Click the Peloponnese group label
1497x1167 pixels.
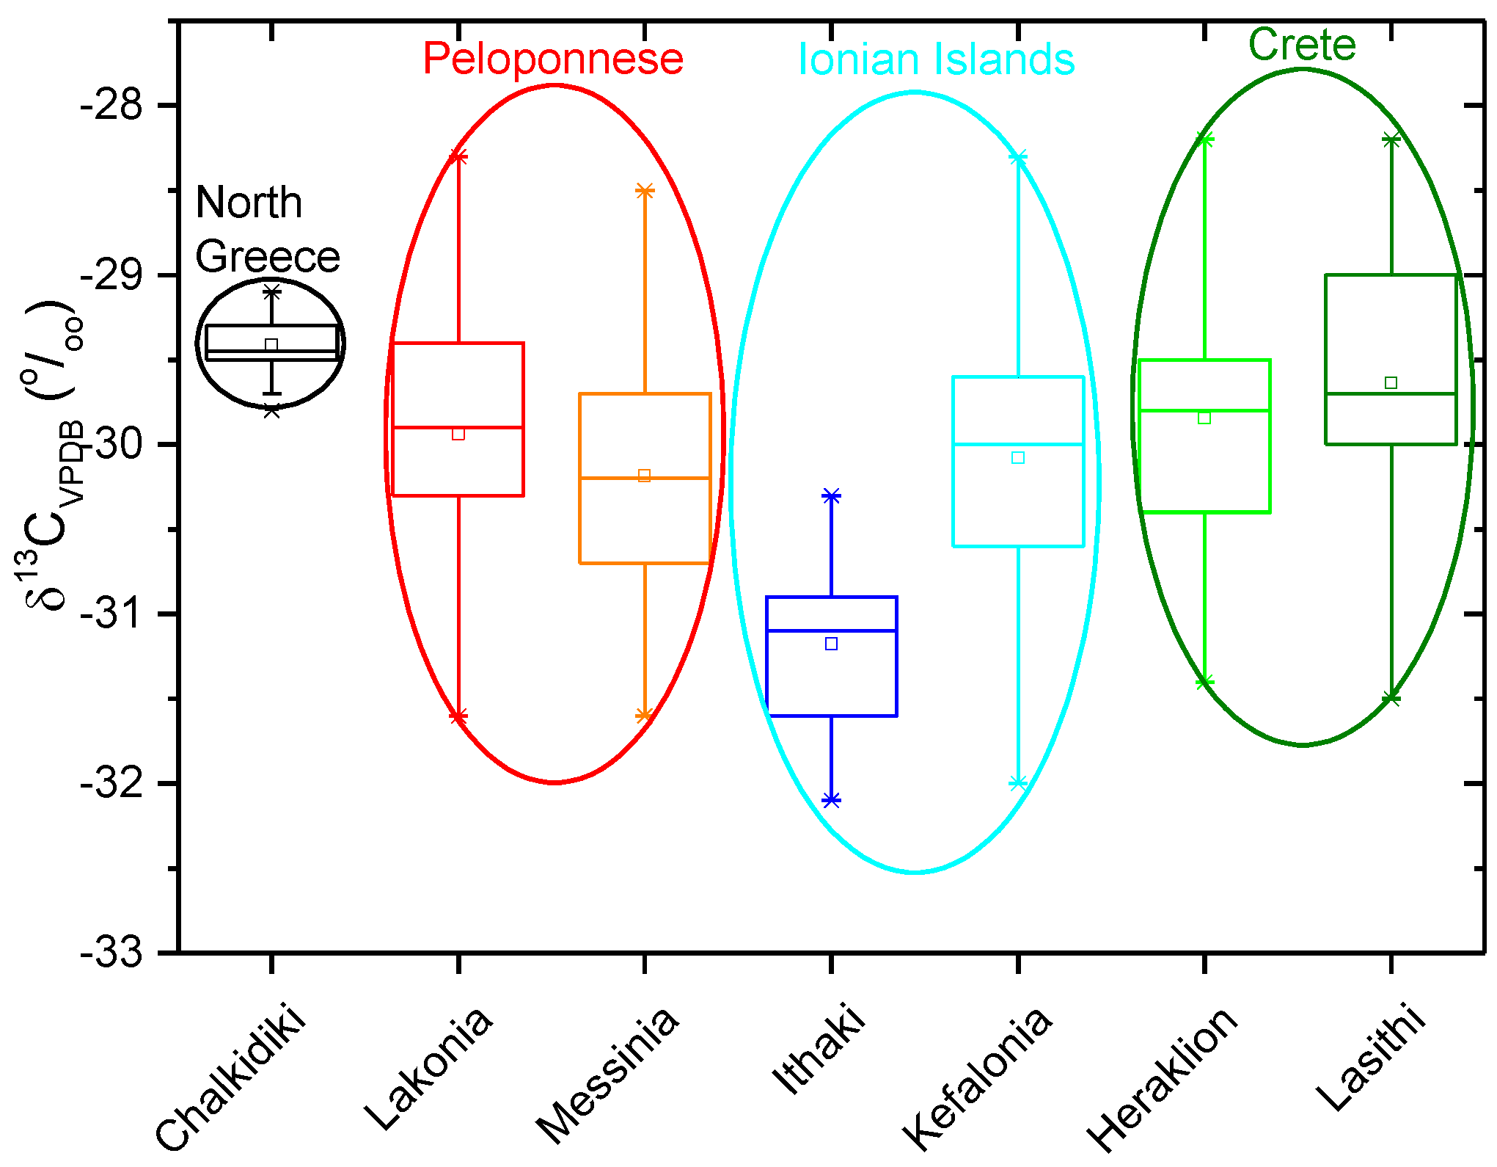click(553, 59)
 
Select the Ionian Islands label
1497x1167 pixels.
click(936, 59)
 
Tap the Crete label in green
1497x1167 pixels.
click(1302, 45)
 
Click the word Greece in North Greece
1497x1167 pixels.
click(268, 257)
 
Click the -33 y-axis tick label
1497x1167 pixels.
click(111, 953)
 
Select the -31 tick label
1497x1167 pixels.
click(111, 614)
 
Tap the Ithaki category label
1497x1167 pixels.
click(819, 1050)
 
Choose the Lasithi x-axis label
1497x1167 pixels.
click(1372, 1057)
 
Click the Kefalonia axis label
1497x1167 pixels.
click(978, 1079)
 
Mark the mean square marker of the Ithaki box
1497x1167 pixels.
click(831, 644)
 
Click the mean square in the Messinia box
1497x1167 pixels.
click(644, 476)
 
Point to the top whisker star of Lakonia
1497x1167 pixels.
click(458, 156)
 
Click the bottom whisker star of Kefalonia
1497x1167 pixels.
click(1018, 783)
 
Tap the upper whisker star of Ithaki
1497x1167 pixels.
click(831, 496)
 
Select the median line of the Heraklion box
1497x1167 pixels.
click(1204, 410)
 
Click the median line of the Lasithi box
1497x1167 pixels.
click(1391, 394)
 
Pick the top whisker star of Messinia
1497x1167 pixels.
click(645, 191)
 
